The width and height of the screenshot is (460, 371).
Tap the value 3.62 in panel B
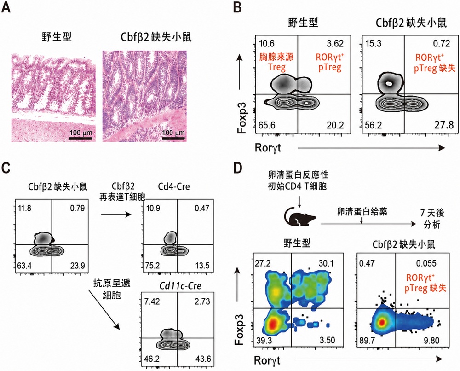pyautogui.click(x=335, y=44)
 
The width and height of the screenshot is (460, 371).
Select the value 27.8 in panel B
pyautogui.click(x=444, y=125)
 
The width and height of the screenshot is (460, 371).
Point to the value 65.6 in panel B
pyautogui.click(x=267, y=125)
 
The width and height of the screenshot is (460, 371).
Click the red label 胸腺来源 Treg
pyautogui.click(x=276, y=63)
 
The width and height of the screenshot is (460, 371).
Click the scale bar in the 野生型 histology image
pyautogui.click(x=80, y=138)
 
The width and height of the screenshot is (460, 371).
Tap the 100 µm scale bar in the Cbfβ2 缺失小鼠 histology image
pyautogui.click(x=173, y=138)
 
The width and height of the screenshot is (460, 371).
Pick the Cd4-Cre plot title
pyautogui.click(x=174, y=187)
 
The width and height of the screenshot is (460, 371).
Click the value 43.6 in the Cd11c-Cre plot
pyautogui.click(x=203, y=359)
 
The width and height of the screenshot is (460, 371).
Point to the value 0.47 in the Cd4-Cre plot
pyautogui.click(x=202, y=209)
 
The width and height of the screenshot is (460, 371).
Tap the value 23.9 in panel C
pyautogui.click(x=77, y=266)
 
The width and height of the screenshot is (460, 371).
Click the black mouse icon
pyautogui.click(x=300, y=217)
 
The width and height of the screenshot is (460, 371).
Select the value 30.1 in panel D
pyautogui.click(x=326, y=263)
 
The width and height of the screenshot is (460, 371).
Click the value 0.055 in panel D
pyautogui.click(x=425, y=263)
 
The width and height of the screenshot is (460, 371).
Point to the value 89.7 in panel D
pyautogui.click(x=367, y=340)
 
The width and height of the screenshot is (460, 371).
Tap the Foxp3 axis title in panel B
pyautogui.click(x=241, y=117)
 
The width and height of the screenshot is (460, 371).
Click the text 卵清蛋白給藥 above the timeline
pyautogui.click(x=362, y=211)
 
